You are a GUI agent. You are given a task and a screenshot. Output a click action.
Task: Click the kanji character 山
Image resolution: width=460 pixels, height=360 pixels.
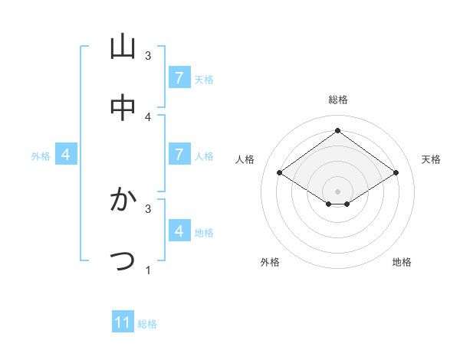pos(123,47)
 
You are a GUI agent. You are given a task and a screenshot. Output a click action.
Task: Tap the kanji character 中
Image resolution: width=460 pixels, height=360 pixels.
pos(123,108)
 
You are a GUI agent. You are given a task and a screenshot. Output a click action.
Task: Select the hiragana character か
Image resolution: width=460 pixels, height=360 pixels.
pos(123,200)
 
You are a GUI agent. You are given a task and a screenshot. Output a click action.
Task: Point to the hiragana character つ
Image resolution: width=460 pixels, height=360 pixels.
pos(123,260)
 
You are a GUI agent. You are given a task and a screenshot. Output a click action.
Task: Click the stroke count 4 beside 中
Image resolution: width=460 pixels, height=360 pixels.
pos(148,116)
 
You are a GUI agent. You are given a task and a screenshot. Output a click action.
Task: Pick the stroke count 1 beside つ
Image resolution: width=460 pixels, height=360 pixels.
pos(148,270)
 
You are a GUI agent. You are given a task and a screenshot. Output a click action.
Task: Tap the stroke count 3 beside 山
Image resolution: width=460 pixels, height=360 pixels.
pos(148,56)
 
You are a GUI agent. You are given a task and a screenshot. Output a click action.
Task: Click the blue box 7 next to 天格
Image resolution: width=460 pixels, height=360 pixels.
pos(179,78)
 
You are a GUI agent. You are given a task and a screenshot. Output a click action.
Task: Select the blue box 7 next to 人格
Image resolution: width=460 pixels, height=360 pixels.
pos(179,155)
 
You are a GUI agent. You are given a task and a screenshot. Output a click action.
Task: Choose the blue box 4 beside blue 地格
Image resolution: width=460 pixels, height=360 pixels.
pos(179,231)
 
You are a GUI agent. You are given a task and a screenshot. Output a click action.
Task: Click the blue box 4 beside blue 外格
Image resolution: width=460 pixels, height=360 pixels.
pos(66,155)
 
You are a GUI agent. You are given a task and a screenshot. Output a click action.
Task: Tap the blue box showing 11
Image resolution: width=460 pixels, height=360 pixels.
pos(123,322)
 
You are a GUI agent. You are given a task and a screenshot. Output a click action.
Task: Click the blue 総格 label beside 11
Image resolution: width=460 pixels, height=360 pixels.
pos(147,324)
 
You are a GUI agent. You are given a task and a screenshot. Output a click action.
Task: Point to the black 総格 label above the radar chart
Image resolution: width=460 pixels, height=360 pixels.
pos(337,100)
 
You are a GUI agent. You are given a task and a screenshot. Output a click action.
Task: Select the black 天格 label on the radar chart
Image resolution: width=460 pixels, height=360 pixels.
pos(431,159)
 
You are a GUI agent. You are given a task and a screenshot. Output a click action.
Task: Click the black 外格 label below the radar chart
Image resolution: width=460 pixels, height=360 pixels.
pos(270,262)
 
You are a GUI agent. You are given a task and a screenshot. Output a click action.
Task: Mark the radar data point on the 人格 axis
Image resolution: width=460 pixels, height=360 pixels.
pos(280,173)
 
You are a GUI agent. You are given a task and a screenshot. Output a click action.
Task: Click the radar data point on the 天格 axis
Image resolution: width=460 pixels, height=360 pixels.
pos(396,173)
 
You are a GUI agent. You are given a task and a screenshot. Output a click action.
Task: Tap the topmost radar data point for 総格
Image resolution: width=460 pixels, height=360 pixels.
pos(337,130)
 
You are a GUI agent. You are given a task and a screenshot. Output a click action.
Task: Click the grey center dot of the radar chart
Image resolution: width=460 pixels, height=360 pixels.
pos(337,191)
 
